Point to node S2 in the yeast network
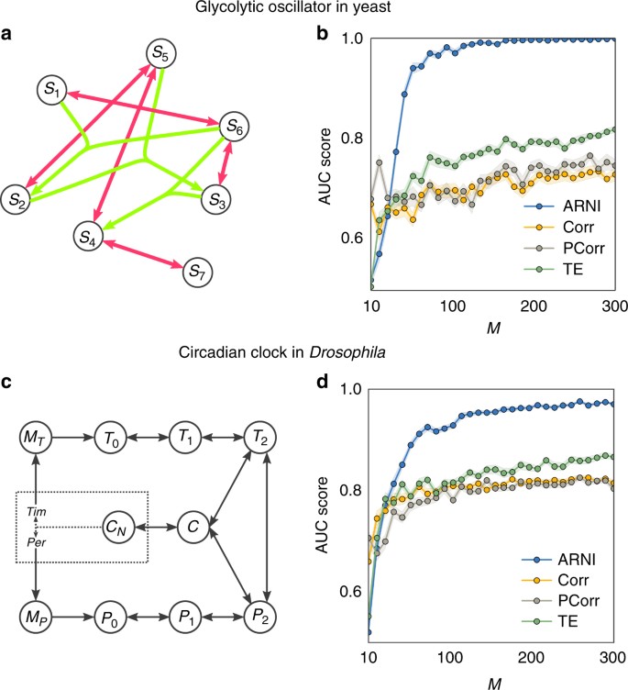click(x=16, y=198)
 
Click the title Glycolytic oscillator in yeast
click(x=314, y=9)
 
